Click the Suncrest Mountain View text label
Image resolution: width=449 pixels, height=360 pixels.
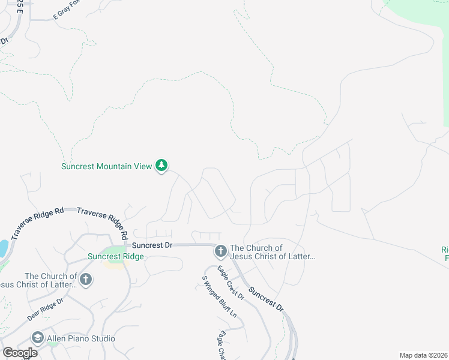(x=106, y=166)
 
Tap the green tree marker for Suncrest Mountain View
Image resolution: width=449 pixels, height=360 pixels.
(x=161, y=165)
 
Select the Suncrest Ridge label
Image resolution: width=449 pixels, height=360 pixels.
(x=116, y=257)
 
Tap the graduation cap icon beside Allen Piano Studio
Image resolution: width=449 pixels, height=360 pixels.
(x=38, y=338)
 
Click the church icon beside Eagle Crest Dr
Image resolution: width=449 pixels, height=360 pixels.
(x=220, y=251)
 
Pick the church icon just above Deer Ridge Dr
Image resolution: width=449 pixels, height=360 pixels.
(x=86, y=279)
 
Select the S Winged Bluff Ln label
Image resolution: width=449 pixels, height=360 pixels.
(x=219, y=296)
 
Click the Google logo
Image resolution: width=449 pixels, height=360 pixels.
(x=20, y=353)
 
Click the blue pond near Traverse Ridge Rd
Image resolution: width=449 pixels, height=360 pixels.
(x=3, y=248)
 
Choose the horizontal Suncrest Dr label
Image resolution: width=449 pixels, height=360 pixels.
(x=152, y=245)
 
